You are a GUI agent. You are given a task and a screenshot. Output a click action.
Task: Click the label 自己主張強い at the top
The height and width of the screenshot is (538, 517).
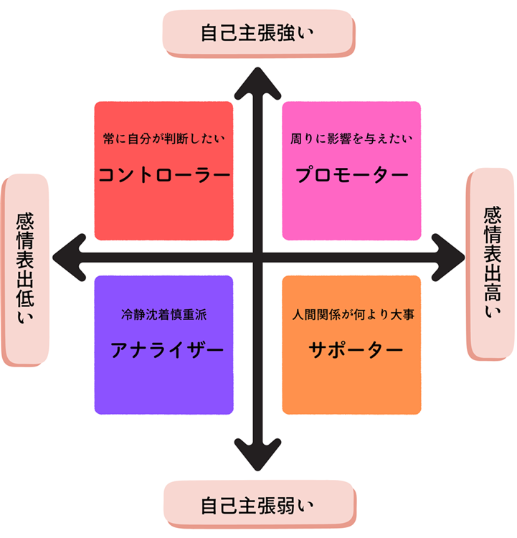coord(258,33)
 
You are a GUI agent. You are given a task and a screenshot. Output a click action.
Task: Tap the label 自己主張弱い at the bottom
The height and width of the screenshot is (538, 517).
coord(258,505)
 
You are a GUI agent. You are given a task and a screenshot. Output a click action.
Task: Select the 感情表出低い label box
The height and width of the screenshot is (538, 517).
coord(27,270)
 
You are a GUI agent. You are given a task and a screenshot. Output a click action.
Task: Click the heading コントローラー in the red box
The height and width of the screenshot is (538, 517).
coord(163,175)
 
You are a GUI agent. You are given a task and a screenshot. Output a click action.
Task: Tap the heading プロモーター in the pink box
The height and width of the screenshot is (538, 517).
coord(351,175)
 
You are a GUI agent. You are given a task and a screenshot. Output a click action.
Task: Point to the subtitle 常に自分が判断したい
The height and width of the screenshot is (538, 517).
coord(165,138)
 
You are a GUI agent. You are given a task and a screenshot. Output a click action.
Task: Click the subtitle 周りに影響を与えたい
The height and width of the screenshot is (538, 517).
coord(352,138)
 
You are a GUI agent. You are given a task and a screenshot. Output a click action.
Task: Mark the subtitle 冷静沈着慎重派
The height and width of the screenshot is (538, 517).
coord(164,314)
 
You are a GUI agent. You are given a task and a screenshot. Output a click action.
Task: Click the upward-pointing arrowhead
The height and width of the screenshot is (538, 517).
coord(258,80)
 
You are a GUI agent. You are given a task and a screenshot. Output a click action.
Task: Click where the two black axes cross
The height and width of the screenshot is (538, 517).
coord(258,256)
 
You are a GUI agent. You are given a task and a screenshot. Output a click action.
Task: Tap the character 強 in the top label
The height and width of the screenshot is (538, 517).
coord(288,33)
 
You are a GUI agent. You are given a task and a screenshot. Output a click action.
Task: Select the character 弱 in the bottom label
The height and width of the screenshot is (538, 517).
coord(288,505)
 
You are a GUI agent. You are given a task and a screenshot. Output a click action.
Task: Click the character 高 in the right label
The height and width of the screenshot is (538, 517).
coord(491,291)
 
